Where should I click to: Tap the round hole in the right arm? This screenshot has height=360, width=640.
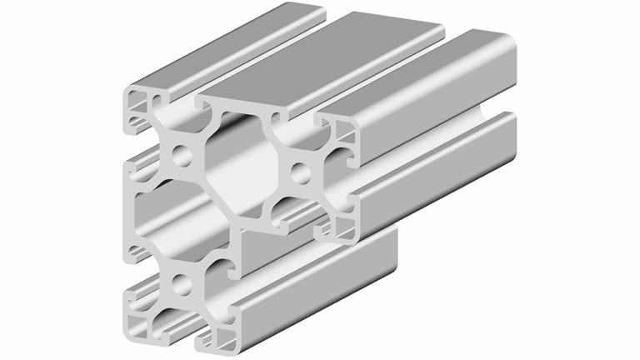click(x=301, y=173)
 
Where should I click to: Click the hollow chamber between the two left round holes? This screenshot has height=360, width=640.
click(x=158, y=218)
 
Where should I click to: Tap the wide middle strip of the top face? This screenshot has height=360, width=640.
click(x=333, y=58)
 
